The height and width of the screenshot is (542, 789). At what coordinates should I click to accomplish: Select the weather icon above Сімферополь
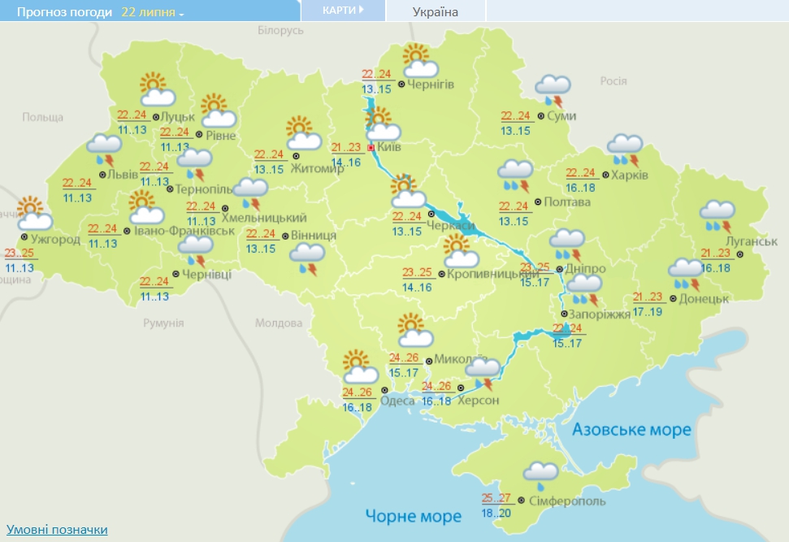tap(541, 474)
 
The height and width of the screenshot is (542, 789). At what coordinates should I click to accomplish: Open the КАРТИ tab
tap(342, 11)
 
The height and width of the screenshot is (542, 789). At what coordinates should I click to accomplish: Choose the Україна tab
tap(436, 11)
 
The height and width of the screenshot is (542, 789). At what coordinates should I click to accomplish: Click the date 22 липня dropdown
tap(153, 12)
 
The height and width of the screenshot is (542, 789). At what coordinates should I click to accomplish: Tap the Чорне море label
tap(413, 515)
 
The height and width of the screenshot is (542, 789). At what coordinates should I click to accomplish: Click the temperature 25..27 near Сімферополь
tap(495, 498)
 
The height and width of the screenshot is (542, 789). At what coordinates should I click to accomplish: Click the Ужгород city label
tap(56, 240)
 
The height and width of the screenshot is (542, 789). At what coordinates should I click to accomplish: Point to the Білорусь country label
tap(280, 30)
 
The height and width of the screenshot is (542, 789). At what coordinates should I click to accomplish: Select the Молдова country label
tap(278, 323)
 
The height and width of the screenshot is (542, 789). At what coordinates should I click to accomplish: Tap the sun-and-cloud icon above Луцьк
tap(156, 89)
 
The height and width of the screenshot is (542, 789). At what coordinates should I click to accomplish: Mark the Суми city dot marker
tap(542, 116)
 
